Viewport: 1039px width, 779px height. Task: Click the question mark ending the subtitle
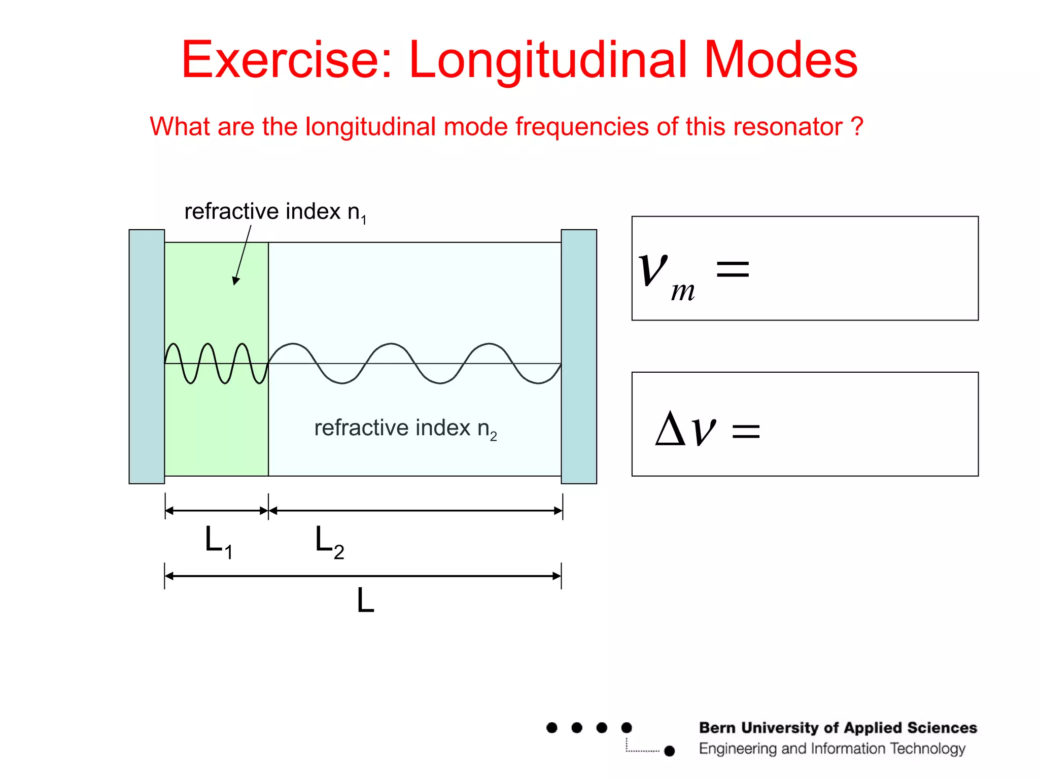click(857, 126)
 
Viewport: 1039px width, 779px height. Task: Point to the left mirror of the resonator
click(147, 357)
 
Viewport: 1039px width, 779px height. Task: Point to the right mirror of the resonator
click(579, 357)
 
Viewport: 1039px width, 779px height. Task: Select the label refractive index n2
click(405, 429)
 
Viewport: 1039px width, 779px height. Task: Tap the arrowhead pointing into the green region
click(235, 280)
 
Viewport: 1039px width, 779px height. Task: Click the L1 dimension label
click(218, 542)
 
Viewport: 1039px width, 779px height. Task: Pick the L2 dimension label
click(329, 542)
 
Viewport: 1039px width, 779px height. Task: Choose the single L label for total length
click(365, 601)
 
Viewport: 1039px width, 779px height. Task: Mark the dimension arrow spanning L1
click(217, 511)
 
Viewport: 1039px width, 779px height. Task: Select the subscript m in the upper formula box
click(683, 292)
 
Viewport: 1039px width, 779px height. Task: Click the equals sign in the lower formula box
click(746, 431)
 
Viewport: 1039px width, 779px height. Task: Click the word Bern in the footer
click(717, 728)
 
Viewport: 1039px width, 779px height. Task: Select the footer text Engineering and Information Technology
click(832, 749)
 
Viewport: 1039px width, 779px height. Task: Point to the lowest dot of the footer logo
click(670, 751)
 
